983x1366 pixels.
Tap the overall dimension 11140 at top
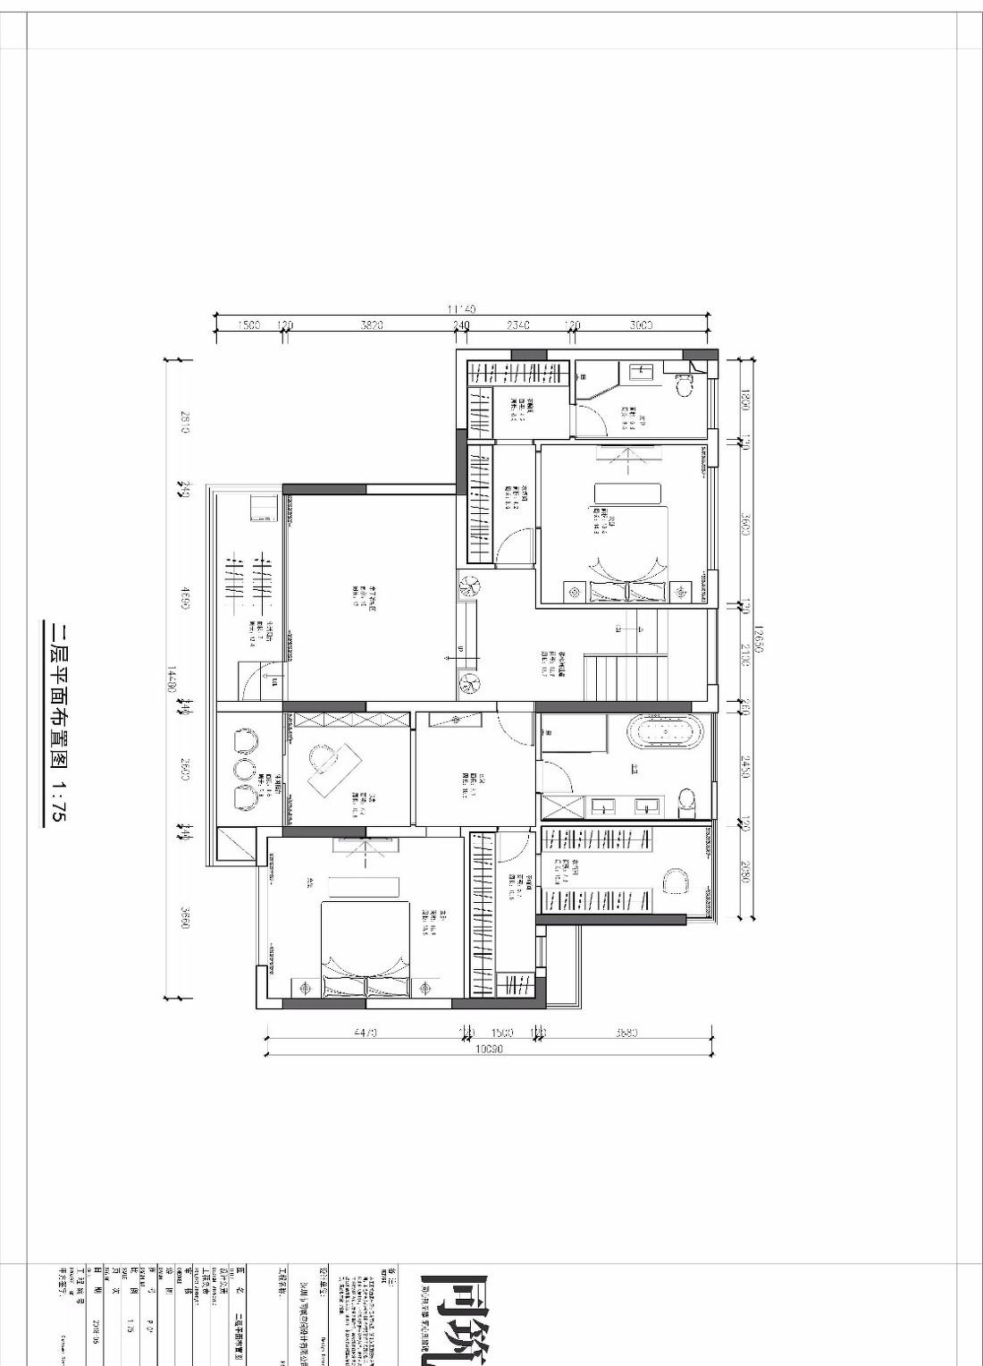[461, 308]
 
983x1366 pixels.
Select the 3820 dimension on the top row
[371, 325]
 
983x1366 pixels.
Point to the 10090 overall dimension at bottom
[488, 1050]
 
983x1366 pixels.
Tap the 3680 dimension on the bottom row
[626, 1033]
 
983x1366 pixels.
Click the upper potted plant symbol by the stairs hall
[469, 586]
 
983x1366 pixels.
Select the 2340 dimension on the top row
[518, 325]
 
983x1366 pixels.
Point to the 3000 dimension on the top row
[640, 325]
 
